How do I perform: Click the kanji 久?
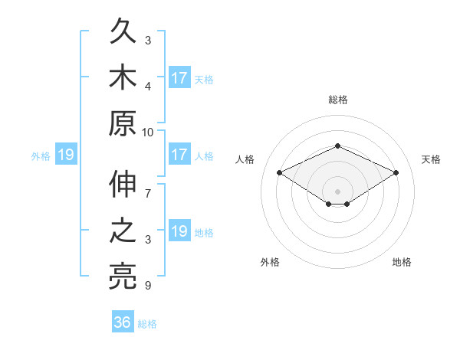click(123, 31)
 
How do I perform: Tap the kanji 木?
click(123, 77)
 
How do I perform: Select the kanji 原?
click(123, 123)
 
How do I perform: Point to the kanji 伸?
click(123, 184)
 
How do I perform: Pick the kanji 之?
click(123, 230)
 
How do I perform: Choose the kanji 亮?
click(123, 277)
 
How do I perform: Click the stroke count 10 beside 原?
click(147, 133)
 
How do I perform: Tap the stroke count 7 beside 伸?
click(148, 194)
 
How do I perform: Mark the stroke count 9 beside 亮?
click(148, 285)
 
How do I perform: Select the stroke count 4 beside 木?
click(148, 87)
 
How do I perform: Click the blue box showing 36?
click(123, 321)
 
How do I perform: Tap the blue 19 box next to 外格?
click(66, 154)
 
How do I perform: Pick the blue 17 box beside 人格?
click(180, 154)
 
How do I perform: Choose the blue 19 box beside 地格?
click(180, 230)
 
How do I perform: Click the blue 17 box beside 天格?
click(180, 77)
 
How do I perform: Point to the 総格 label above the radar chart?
click(338, 100)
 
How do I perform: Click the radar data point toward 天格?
click(396, 172)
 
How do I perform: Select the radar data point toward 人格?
click(280, 172)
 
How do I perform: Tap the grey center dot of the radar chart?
click(337, 191)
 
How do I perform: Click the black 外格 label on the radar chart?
click(270, 262)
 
